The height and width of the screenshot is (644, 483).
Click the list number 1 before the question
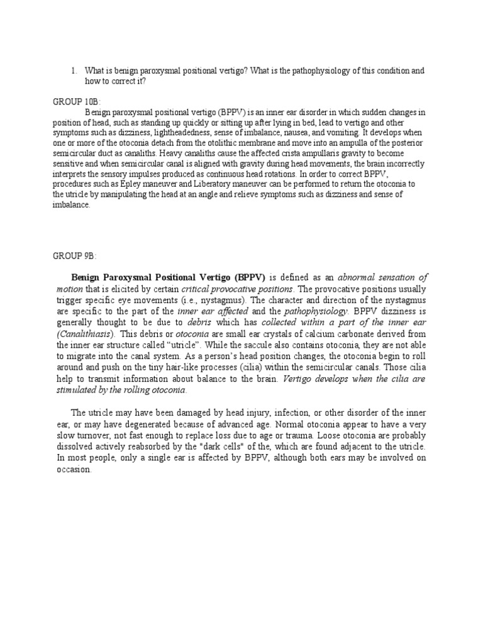74,71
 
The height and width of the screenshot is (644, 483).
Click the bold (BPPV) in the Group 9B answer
250,278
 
